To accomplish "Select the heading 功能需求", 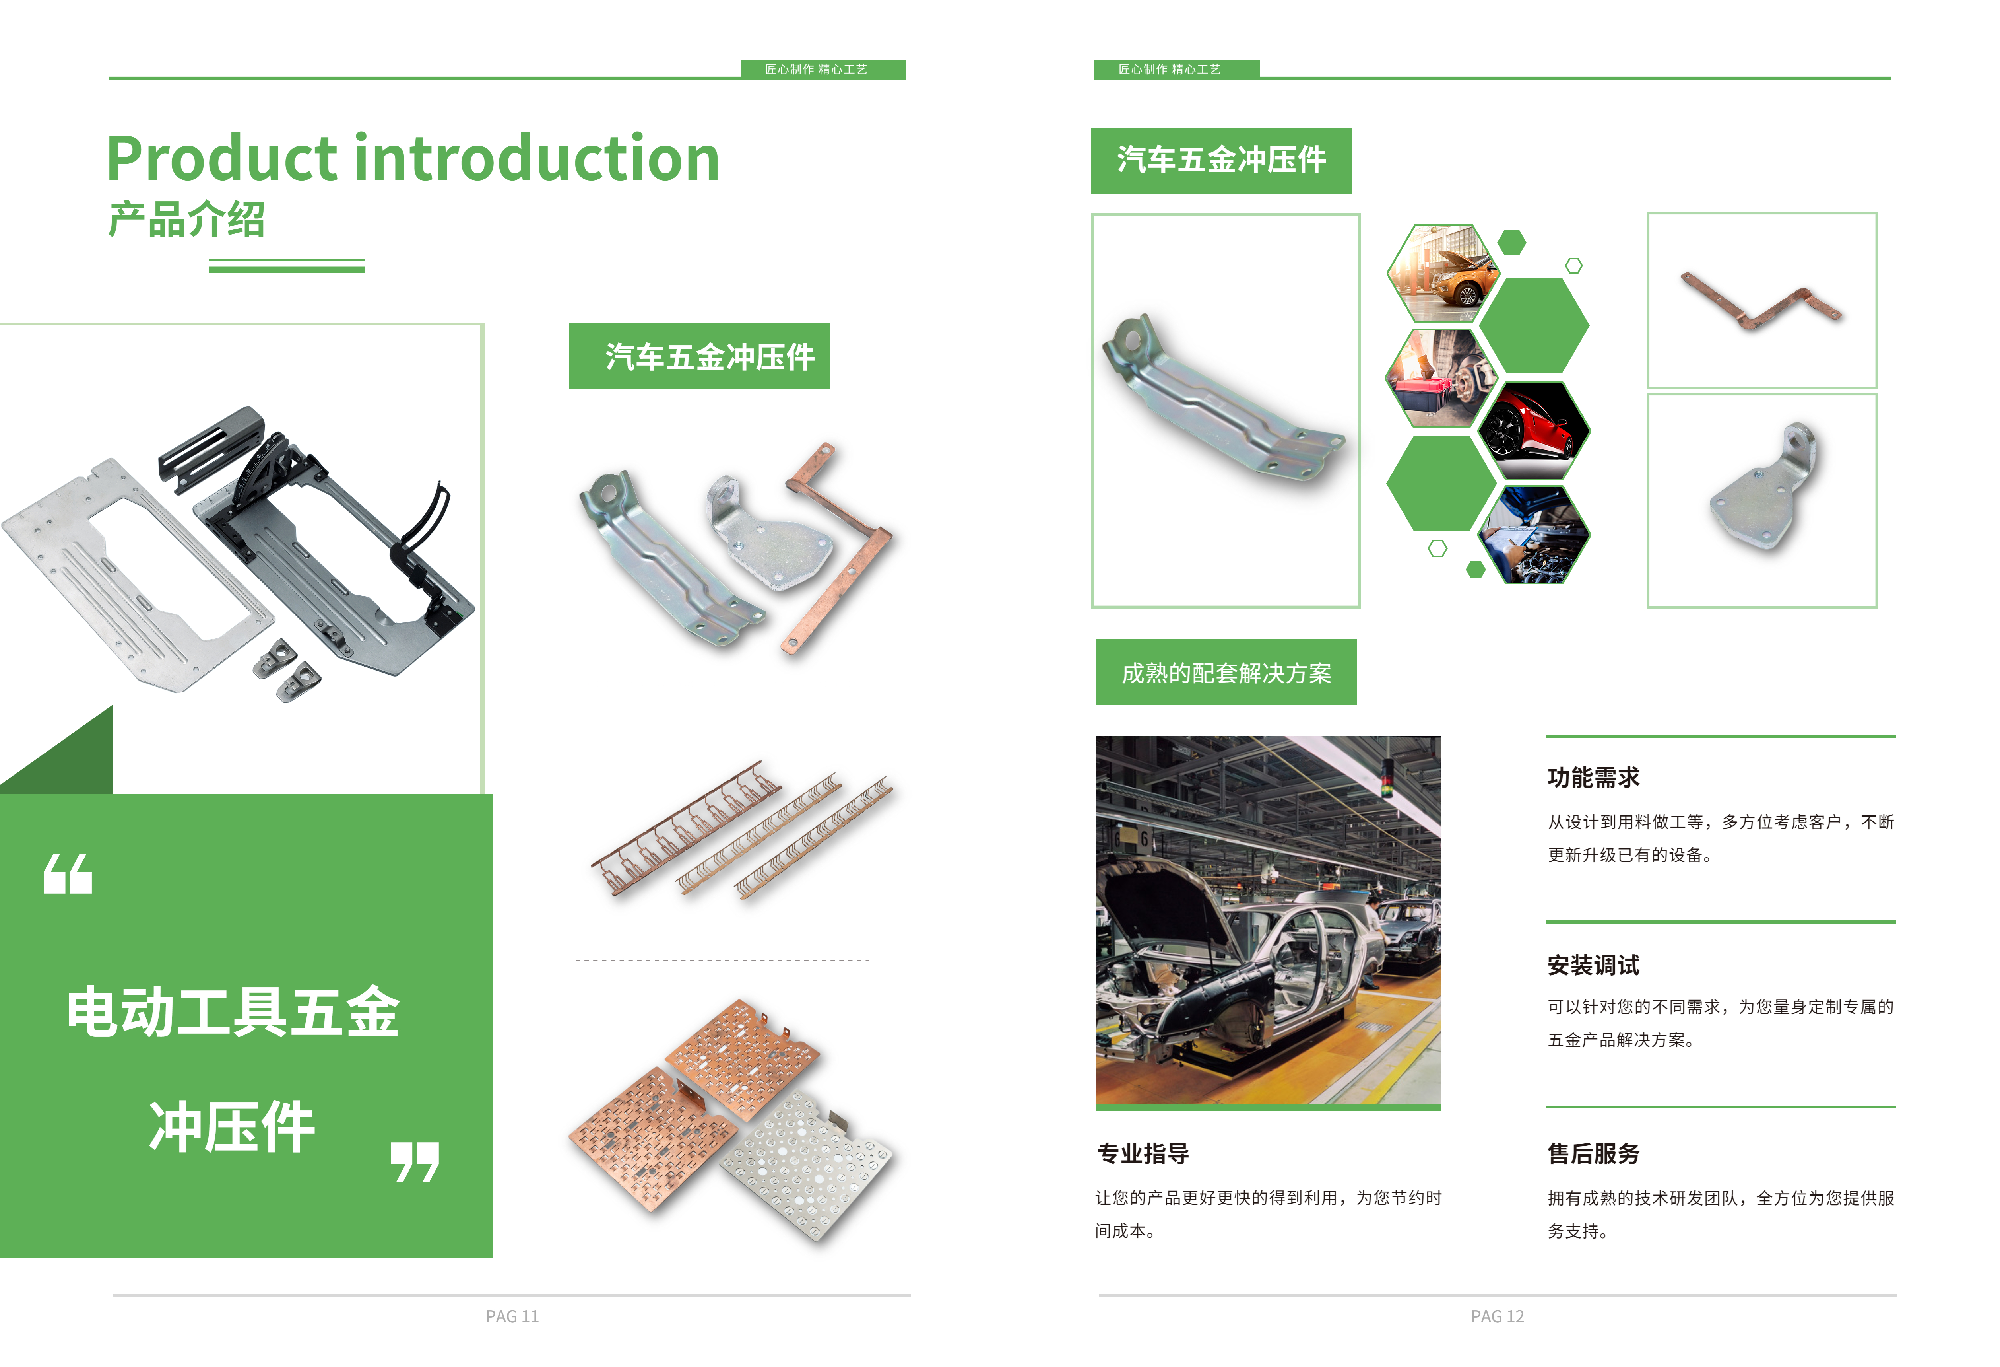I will (x=1593, y=777).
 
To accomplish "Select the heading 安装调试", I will (x=1593, y=965).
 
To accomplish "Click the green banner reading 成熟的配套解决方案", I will (x=1226, y=672).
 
